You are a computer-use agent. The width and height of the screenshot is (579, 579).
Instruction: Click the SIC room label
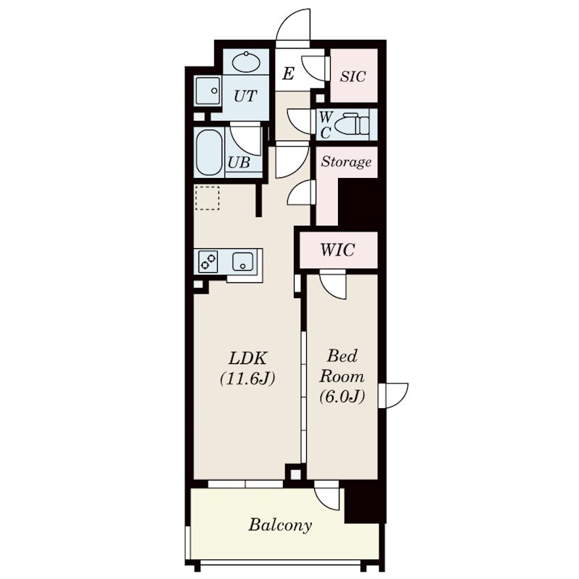click(x=353, y=77)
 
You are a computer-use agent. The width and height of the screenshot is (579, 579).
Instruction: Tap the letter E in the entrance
click(x=288, y=74)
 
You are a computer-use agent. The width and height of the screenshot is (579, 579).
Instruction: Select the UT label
click(x=245, y=96)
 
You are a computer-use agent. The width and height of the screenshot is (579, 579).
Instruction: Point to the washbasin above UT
click(x=246, y=62)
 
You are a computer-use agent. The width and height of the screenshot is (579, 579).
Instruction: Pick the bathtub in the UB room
click(x=209, y=153)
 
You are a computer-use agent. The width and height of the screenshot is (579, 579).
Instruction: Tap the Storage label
click(x=346, y=161)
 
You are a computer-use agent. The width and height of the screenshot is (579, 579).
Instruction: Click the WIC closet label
click(x=338, y=250)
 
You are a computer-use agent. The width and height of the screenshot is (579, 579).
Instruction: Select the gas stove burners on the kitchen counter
click(x=208, y=261)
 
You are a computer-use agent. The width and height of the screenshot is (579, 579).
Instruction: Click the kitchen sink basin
click(x=242, y=261)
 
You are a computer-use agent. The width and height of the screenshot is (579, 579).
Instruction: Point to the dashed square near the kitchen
click(x=207, y=198)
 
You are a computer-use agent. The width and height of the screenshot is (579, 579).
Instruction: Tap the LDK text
click(x=248, y=358)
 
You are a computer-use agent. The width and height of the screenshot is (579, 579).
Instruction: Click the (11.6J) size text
click(x=248, y=379)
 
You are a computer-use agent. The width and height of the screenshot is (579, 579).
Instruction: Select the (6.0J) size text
click(x=342, y=396)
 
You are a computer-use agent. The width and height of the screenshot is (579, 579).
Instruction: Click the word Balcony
click(x=280, y=525)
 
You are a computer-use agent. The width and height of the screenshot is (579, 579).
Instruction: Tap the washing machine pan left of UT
click(x=208, y=90)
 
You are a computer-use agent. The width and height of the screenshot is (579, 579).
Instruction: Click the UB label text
click(x=239, y=162)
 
